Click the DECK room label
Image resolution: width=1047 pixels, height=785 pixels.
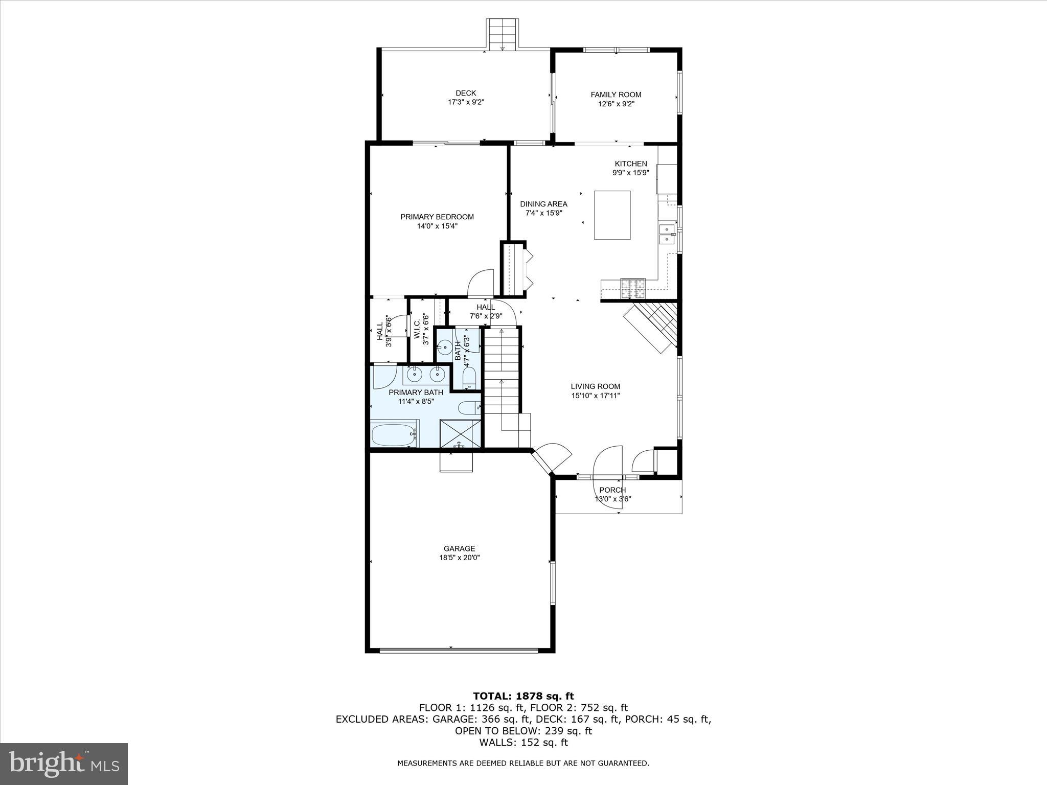point(466,93)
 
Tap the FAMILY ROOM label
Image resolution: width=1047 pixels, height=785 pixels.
point(616,95)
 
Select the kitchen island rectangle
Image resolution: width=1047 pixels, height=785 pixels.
point(612,215)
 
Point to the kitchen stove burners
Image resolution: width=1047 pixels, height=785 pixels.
point(633,289)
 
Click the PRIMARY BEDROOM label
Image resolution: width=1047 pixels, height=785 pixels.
point(437,217)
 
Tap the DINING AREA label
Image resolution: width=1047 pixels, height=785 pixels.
point(543,204)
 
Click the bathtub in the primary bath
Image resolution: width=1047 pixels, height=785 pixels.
point(394,434)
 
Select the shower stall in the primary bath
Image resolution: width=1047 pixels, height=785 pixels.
point(460,434)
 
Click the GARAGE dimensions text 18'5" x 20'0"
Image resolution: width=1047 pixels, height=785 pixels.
point(459,558)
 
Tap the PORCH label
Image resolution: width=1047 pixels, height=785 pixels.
point(612,490)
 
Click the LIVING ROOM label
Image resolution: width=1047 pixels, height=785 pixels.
point(595,386)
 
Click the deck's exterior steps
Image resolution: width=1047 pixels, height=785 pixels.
point(502,34)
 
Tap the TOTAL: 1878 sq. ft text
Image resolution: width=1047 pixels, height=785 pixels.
point(523,696)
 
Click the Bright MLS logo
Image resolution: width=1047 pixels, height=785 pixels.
point(64,764)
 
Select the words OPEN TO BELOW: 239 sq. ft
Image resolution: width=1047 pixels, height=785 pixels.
point(523,731)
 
